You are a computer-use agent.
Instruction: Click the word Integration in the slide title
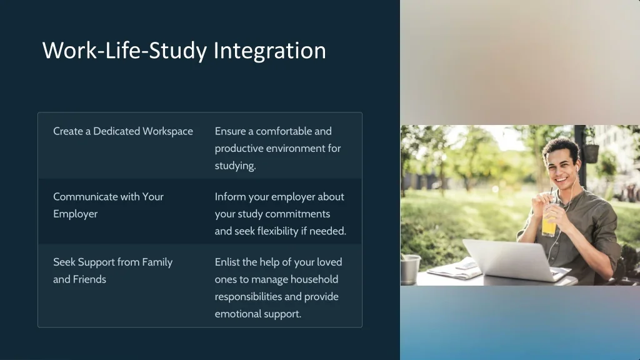[x=269, y=51]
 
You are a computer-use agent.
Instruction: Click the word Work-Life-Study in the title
[x=124, y=51]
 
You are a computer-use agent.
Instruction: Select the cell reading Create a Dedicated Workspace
[x=123, y=131]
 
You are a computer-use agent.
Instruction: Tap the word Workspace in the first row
[x=167, y=131]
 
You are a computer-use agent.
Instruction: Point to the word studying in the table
[x=235, y=166]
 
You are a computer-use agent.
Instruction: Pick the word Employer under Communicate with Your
[x=75, y=214]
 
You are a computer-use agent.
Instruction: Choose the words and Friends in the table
[x=79, y=279]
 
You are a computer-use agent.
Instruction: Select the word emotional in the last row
[x=235, y=314]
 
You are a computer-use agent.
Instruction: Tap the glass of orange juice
[x=549, y=222]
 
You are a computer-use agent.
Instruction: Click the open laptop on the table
[x=512, y=259]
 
